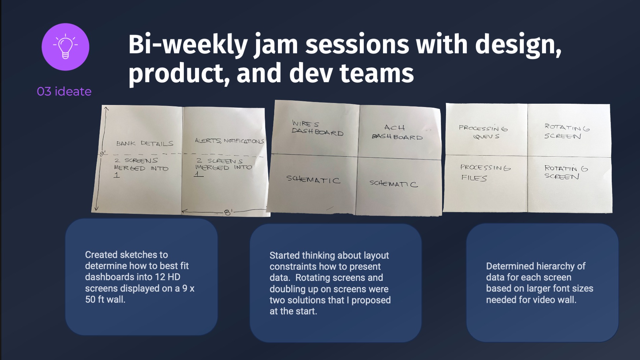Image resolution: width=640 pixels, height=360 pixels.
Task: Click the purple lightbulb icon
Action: tap(65, 47)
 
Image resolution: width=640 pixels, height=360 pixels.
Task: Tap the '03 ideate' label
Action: tap(64, 91)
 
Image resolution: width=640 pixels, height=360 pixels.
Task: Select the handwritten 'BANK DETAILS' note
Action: tap(145, 143)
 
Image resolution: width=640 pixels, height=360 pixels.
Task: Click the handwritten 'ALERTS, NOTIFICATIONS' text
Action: tap(229, 141)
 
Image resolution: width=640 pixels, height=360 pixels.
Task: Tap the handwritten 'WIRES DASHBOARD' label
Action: tap(317, 128)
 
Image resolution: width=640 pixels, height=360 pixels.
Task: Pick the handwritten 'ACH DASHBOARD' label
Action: tap(397, 132)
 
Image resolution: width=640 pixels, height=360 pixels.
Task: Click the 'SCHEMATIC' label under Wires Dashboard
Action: tap(313, 179)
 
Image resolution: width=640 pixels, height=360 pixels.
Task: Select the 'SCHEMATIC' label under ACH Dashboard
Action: tap(393, 184)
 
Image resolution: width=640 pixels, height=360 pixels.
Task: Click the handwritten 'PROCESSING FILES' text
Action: tap(485, 172)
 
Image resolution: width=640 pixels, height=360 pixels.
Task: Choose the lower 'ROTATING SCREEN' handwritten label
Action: tap(566, 172)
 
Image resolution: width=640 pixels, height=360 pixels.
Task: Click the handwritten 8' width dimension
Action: tap(228, 212)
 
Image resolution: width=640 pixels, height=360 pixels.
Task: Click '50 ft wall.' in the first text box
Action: tap(105, 299)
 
